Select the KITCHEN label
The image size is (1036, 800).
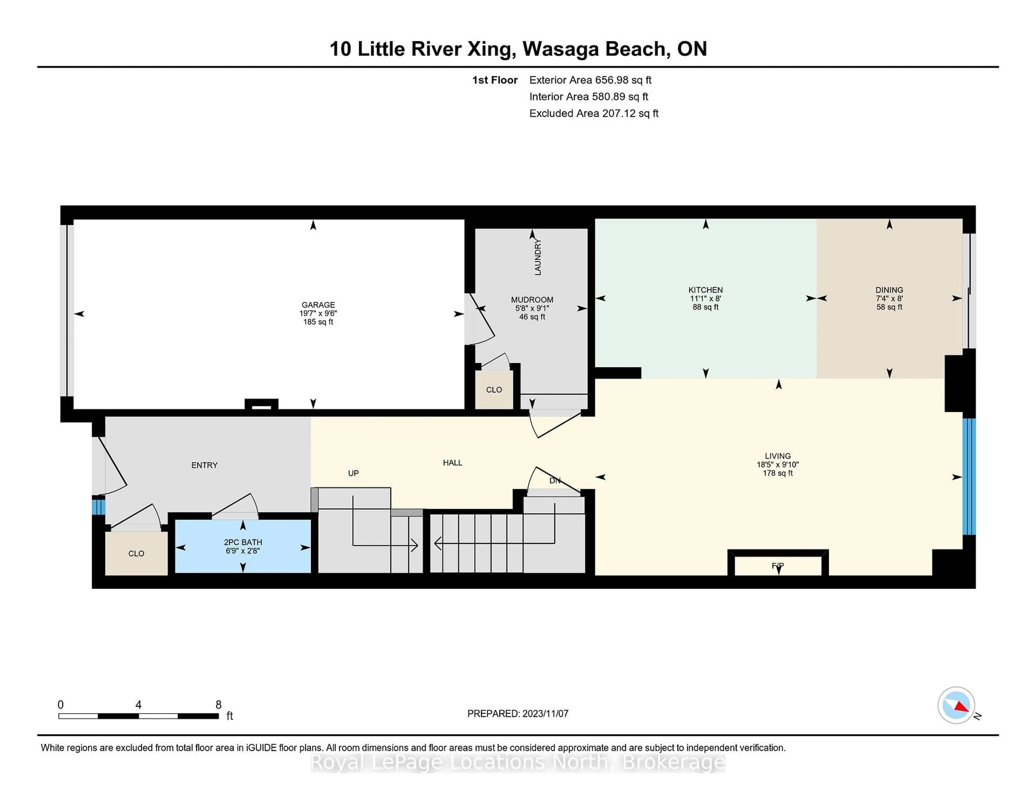pyautogui.click(x=706, y=289)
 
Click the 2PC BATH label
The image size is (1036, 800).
pyautogui.click(x=243, y=542)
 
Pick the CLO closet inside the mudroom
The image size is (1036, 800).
pyautogui.click(x=494, y=389)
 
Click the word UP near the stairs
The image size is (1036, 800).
pyautogui.click(x=353, y=473)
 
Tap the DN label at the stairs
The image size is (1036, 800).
pyautogui.click(x=554, y=481)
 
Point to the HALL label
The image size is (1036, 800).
pyautogui.click(x=452, y=463)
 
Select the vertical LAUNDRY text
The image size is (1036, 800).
pyautogui.click(x=537, y=257)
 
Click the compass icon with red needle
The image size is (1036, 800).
pyautogui.click(x=956, y=705)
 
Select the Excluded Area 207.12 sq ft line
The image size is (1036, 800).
pyautogui.click(x=594, y=113)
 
